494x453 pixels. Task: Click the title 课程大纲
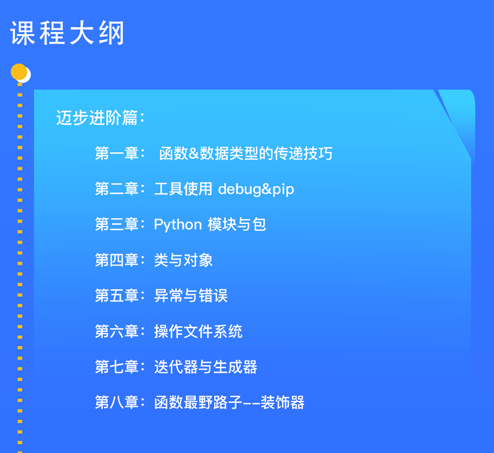67,33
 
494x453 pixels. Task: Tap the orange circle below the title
19,72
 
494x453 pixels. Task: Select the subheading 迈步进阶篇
96,118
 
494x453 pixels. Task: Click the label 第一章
117,153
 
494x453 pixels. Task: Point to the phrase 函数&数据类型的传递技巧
246,153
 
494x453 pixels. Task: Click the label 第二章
117,189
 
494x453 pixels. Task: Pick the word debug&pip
256,190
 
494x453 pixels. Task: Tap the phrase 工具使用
183,189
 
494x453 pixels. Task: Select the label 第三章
117,224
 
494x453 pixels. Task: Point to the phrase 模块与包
236,225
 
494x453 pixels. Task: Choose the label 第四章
117,260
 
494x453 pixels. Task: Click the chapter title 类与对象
183,260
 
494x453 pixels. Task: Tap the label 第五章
117,296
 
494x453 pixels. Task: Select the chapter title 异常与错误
191,296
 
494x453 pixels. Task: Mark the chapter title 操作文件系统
198,331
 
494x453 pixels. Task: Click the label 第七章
117,367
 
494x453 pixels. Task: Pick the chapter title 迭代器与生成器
205,367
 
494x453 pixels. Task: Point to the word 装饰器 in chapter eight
283,403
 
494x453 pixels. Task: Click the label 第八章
117,403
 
